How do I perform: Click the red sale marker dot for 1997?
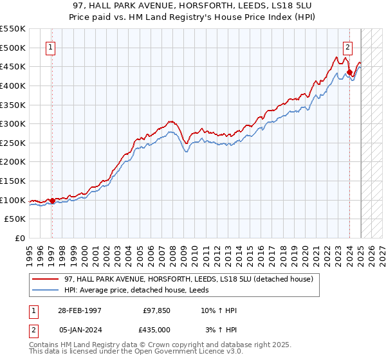[52, 201]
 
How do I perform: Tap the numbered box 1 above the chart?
[50, 46]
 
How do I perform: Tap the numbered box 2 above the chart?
[347, 46]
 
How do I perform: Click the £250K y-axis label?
[13, 143]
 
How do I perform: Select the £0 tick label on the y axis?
[19, 239]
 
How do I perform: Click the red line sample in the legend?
[45, 279]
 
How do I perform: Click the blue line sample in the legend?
[45, 290]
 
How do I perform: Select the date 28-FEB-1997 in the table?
[80, 310]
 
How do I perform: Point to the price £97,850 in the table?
[156, 310]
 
